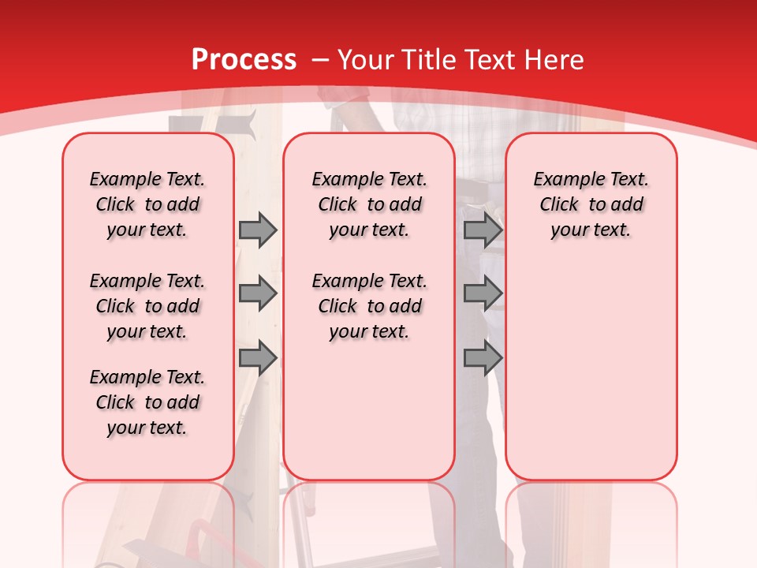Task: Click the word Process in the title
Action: click(x=244, y=60)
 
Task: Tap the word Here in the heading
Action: click(x=554, y=60)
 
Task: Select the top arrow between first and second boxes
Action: click(x=258, y=230)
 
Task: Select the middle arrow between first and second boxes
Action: click(x=258, y=293)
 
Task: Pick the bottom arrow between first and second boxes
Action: click(x=258, y=358)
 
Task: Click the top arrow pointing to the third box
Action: click(x=483, y=230)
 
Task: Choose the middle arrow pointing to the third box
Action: click(x=483, y=293)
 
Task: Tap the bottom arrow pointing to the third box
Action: click(x=483, y=358)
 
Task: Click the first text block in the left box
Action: click(x=147, y=204)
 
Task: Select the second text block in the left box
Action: click(x=147, y=306)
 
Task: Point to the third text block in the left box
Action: click(x=147, y=402)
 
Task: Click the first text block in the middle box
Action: click(x=369, y=204)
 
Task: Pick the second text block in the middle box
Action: click(x=369, y=306)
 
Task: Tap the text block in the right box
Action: click(x=591, y=204)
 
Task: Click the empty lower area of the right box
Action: click(x=591, y=379)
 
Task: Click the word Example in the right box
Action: click(x=563, y=180)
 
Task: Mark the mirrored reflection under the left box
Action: click(x=147, y=521)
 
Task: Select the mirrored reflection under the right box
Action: click(x=591, y=521)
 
